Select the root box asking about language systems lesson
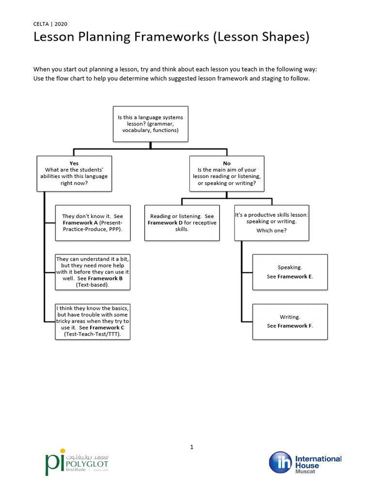(x=150, y=124)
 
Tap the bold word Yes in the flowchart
(x=74, y=163)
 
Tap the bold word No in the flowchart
(x=227, y=163)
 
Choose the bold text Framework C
(x=107, y=327)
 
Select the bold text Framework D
(x=165, y=223)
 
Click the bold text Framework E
(x=295, y=277)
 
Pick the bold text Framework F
(x=295, y=326)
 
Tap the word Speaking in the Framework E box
(x=290, y=267)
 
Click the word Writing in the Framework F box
(x=290, y=317)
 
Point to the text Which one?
(x=271, y=231)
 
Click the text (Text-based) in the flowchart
(x=93, y=285)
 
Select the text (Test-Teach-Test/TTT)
(x=93, y=334)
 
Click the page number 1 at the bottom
(x=192, y=447)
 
